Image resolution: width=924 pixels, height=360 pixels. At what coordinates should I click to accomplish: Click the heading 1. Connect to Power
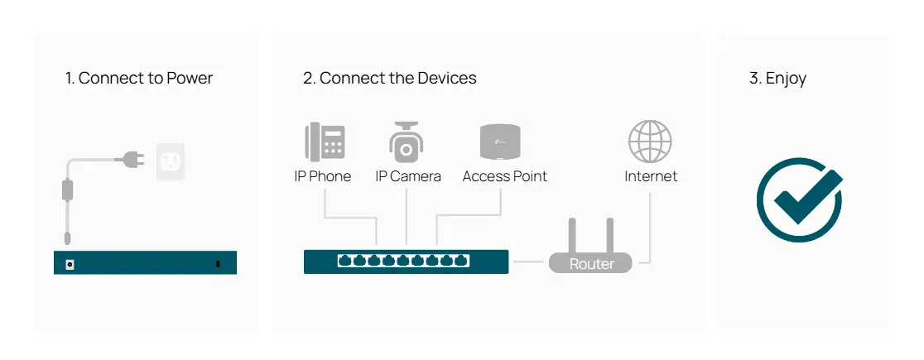pyautogui.click(x=139, y=79)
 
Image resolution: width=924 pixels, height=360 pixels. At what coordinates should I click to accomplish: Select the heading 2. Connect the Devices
pyautogui.click(x=389, y=79)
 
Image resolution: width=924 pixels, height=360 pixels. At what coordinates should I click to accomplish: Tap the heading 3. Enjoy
pyautogui.click(x=777, y=79)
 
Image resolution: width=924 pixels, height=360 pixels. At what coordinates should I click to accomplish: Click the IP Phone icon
pyautogui.click(x=325, y=142)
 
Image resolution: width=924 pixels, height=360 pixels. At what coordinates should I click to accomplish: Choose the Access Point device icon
pyautogui.click(x=504, y=142)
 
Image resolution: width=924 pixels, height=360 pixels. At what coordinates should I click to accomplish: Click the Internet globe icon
pyautogui.click(x=650, y=141)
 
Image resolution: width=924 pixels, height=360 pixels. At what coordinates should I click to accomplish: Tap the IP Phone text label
pyautogui.click(x=323, y=176)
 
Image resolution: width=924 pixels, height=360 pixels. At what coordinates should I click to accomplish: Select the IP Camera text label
pyautogui.click(x=407, y=176)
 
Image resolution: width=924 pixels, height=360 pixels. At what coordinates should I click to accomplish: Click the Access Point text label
pyautogui.click(x=504, y=176)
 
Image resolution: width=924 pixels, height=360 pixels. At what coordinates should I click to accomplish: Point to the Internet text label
pyautogui.click(x=651, y=176)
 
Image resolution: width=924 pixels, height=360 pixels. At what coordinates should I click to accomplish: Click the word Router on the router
pyautogui.click(x=592, y=264)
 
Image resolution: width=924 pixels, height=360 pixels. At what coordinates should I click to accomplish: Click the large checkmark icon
pyautogui.click(x=800, y=200)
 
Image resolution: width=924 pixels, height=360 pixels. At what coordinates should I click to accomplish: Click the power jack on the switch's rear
pyautogui.click(x=69, y=263)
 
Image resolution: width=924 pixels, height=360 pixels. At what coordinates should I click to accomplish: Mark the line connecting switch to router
pyautogui.click(x=527, y=262)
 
